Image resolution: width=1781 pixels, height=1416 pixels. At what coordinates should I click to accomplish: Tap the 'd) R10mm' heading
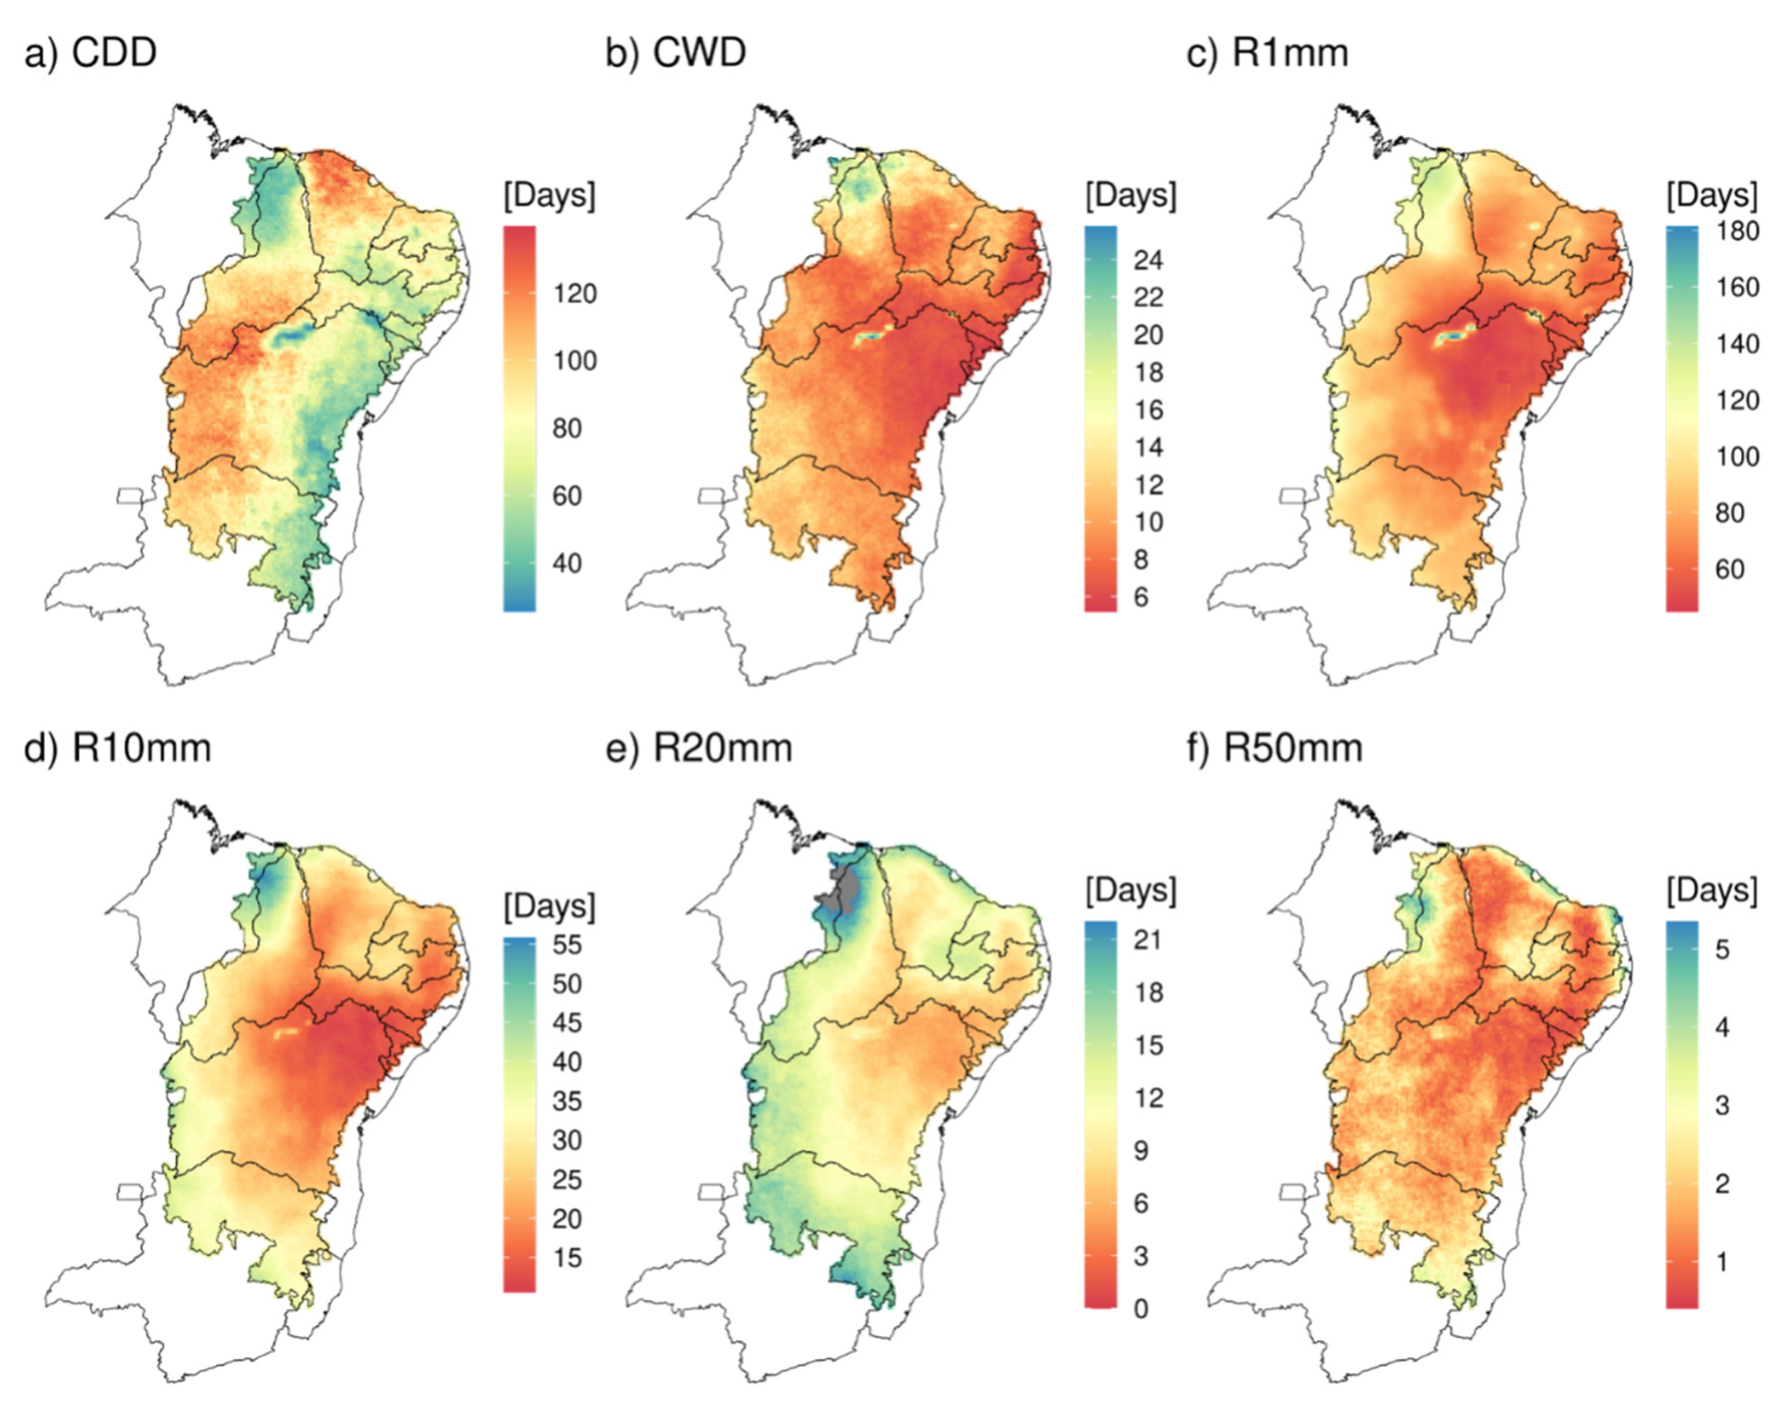tap(117, 748)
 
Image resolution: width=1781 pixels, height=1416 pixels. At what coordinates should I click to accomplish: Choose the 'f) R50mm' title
tap(1275, 748)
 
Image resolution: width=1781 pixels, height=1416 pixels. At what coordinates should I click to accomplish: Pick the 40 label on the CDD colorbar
tap(567, 564)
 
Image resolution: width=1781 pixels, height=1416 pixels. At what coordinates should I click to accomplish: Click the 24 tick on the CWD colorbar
tap(1148, 260)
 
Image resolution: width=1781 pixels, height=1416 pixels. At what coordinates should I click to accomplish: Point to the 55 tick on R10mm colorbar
tap(567, 945)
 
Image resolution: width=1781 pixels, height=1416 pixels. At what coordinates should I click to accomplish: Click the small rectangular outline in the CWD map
tap(711, 496)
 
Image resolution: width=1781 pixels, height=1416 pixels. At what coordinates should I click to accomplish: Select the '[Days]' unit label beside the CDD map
tap(549, 196)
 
